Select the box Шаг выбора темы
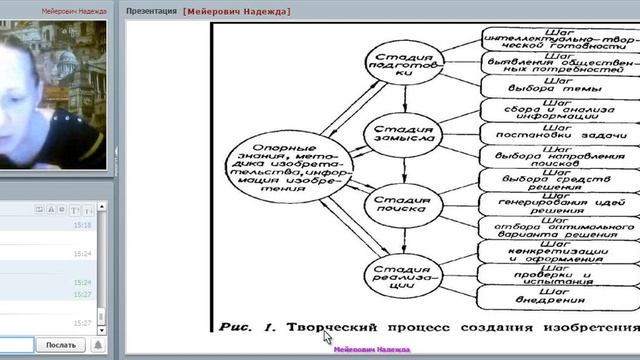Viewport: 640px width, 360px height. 557,85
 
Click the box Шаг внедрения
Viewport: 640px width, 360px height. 557,297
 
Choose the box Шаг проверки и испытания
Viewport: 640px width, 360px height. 557,273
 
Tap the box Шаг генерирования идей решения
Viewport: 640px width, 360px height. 557,203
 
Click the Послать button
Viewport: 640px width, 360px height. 60,345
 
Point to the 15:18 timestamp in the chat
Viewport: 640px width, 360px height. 83,225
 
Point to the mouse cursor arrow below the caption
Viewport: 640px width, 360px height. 326,337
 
